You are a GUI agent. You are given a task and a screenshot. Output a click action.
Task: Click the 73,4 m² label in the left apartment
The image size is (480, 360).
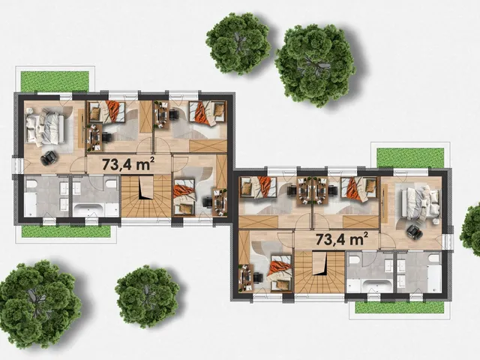[127, 163]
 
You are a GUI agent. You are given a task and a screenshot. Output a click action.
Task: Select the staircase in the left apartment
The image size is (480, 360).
[146, 196]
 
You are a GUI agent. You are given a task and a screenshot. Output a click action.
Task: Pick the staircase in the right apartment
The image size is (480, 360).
[319, 271]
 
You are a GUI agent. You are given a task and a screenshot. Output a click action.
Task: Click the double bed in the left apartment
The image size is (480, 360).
[45, 127]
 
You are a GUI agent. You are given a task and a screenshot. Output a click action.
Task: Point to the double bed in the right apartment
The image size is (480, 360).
[420, 203]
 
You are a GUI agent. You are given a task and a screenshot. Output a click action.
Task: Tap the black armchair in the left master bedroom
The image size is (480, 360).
[49, 158]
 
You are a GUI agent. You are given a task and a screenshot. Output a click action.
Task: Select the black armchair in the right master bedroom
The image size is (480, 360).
[414, 232]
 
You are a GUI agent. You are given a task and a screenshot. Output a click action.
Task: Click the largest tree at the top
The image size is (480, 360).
[315, 65]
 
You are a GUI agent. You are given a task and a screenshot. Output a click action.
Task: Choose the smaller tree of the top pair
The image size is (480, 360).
[238, 43]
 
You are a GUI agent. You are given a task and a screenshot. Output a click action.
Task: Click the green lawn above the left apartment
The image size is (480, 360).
[55, 81]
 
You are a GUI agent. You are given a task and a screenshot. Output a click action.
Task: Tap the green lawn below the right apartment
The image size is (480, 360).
[399, 307]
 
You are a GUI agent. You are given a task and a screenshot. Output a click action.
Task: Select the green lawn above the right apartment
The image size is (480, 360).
[410, 157]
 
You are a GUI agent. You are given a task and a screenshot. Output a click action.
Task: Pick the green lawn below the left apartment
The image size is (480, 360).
[66, 232]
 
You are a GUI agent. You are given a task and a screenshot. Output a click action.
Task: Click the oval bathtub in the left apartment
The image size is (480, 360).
[88, 209]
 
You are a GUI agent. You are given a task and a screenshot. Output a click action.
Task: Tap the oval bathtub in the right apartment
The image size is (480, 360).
[376, 286]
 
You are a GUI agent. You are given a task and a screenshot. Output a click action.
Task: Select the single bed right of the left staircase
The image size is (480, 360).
[184, 196]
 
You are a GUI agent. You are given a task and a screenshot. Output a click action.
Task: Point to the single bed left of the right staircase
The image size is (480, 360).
[280, 271]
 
